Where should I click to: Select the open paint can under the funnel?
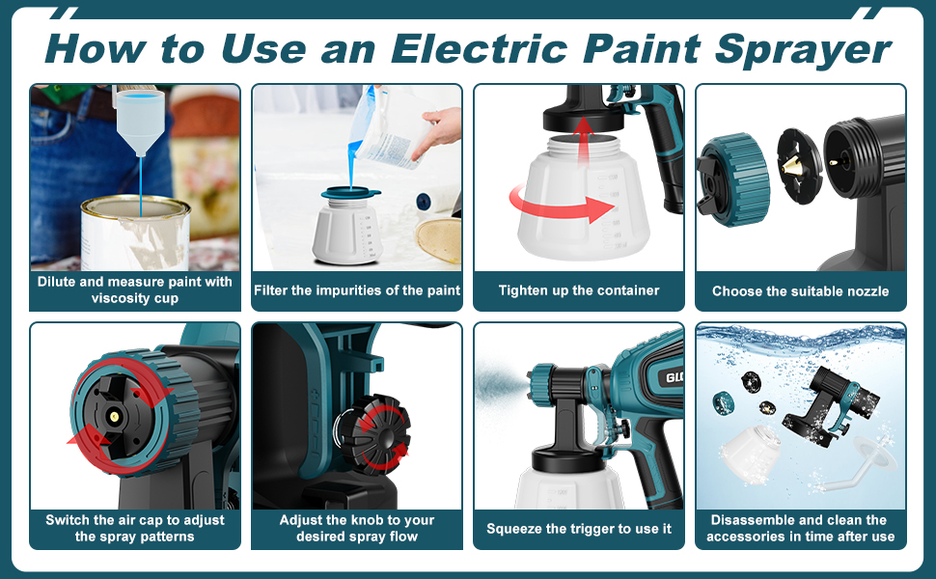click(134, 233)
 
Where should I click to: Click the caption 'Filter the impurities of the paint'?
click(357, 290)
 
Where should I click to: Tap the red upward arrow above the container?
click(580, 135)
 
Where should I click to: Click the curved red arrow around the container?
click(561, 204)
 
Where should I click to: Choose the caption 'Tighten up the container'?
click(579, 290)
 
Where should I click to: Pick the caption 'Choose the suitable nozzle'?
click(801, 290)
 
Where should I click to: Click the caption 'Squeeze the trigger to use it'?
click(579, 529)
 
